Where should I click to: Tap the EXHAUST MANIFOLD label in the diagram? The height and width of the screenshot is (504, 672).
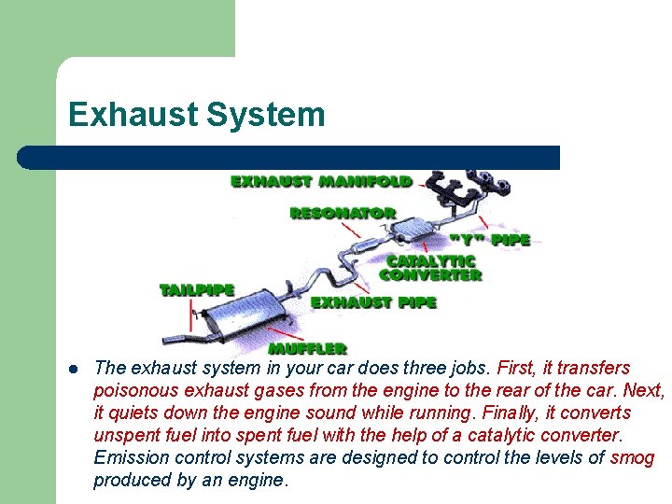pos(321,180)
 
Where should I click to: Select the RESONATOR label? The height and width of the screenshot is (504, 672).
pos(343,213)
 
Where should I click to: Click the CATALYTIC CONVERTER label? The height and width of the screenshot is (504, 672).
pos(430,268)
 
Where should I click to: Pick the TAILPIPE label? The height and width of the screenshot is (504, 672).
pos(196,290)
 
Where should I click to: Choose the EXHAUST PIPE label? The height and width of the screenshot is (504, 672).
pos(373,302)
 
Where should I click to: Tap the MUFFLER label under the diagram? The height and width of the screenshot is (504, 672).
pos(307,347)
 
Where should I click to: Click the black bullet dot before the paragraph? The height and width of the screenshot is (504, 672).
pos(73,368)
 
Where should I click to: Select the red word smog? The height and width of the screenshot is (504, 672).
pos(632,457)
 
